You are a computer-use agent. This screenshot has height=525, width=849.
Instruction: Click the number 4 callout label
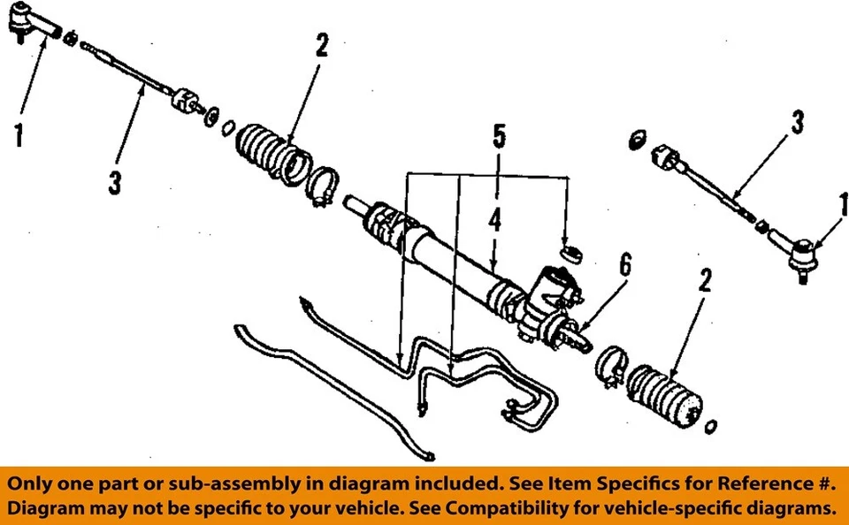click(x=495, y=220)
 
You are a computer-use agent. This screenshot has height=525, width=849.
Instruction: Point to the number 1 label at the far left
click(x=19, y=136)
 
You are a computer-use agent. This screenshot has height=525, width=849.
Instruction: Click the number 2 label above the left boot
click(x=322, y=46)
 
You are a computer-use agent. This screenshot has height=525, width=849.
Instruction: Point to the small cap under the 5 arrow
click(x=572, y=253)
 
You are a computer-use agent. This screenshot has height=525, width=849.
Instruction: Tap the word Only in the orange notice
click(x=35, y=484)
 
